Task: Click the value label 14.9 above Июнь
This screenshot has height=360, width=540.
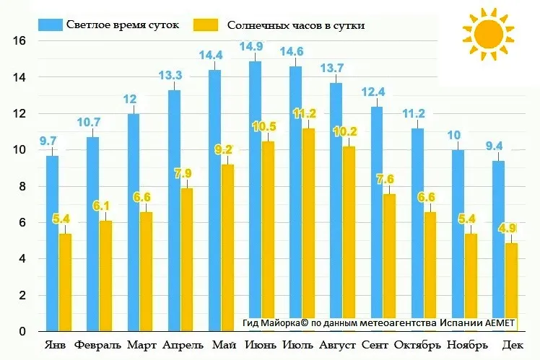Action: [256, 48]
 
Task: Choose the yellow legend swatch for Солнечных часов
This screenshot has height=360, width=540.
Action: [206, 25]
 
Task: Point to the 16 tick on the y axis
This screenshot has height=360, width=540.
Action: [20, 41]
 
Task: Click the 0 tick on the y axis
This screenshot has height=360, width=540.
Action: [22, 332]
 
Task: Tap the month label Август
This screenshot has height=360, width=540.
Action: [337, 346]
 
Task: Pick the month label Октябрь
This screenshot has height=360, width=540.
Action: [417, 346]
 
